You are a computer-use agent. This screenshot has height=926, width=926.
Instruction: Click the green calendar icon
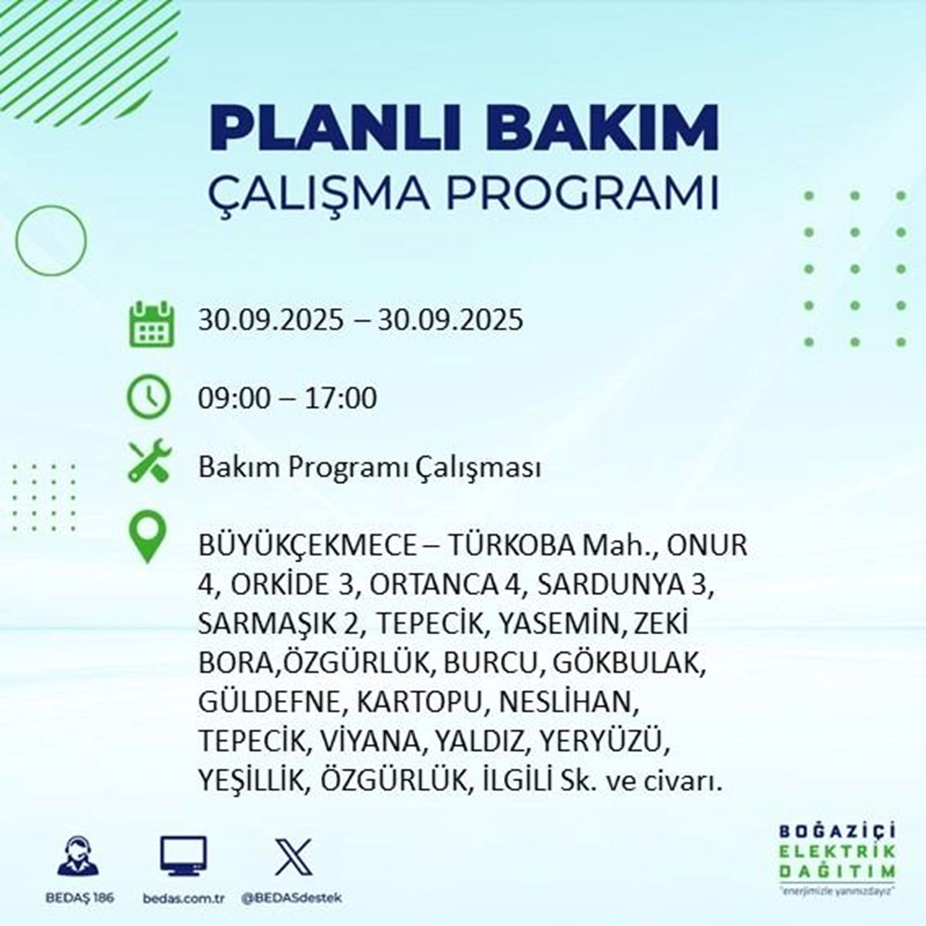[x=151, y=323]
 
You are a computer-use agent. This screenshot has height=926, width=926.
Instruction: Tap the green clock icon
[x=148, y=397]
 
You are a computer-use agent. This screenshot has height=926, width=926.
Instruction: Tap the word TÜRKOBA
[x=512, y=546]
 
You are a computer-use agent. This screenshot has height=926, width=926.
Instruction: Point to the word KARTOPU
[x=419, y=703]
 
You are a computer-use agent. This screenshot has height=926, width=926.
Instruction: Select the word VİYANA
[x=367, y=742]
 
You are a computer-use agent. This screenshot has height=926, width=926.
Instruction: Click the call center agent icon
[x=79, y=857]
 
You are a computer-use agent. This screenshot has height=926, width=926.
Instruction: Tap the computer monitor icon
[x=183, y=855]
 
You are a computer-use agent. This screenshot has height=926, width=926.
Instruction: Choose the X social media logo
[x=293, y=857]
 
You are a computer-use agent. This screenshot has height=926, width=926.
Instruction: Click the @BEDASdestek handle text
[x=291, y=898]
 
